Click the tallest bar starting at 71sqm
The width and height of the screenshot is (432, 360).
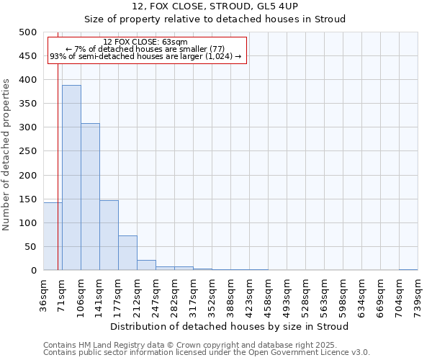(x=71, y=178)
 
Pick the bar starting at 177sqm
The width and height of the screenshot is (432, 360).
(x=127, y=253)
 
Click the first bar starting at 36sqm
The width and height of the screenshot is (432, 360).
(x=53, y=236)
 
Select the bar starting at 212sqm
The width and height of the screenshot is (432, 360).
(x=146, y=265)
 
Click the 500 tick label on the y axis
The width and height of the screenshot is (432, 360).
(x=28, y=32)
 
